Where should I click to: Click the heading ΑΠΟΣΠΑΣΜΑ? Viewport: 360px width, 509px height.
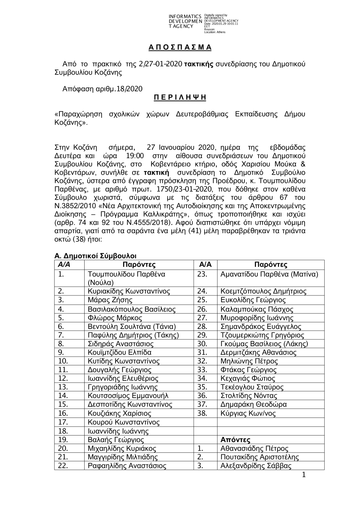pos(180,48)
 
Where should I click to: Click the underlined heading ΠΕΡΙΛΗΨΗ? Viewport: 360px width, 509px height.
pos(180,98)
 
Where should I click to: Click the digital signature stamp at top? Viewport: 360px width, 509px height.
pos(203,24)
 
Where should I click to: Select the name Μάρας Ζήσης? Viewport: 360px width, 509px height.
pos(110,300)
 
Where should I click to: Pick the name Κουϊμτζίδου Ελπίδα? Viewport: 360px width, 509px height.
pos(120,352)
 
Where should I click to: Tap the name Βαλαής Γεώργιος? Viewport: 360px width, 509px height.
pos(116,440)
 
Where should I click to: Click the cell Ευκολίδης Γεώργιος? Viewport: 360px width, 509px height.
pos(253,300)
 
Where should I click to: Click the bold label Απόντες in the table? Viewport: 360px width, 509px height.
pos(235,440)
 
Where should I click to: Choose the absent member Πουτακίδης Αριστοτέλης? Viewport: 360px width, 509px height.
pos(260,457)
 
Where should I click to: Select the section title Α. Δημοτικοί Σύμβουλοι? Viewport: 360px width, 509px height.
pos(95,256)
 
